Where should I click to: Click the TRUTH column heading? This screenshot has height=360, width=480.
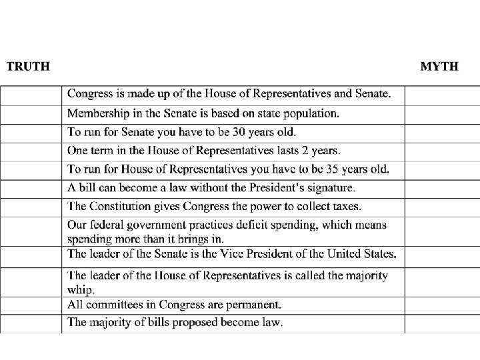28,66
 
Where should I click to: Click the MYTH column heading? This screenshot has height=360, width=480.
439,66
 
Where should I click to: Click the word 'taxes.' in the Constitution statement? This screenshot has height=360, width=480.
345,207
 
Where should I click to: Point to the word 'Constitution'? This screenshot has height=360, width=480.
121,207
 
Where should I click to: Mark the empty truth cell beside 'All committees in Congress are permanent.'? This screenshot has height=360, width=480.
31,305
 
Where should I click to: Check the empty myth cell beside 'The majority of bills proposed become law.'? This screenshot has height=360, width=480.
442,323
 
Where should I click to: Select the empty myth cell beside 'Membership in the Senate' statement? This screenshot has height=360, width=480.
442,114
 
